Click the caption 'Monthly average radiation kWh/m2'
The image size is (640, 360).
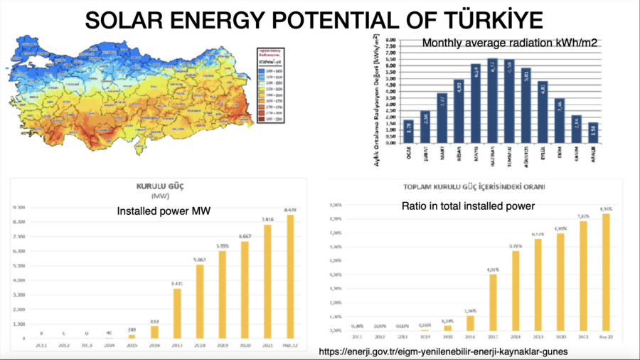[x=509, y=43]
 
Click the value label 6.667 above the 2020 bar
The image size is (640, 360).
[x=245, y=235]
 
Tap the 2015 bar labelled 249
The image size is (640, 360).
[x=132, y=336]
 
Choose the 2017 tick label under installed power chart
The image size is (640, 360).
[x=177, y=345]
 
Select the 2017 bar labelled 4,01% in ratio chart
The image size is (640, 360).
[x=494, y=302]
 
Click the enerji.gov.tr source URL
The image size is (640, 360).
[x=443, y=351]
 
